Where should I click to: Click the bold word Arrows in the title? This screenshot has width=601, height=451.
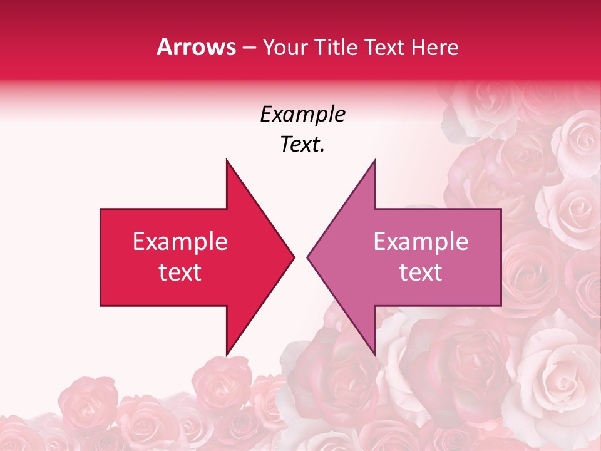pos(196,48)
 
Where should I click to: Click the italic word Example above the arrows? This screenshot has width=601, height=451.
pos(302,115)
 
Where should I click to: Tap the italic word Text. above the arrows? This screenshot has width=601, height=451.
pos(302,145)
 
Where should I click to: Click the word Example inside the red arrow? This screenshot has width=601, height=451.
pos(180,242)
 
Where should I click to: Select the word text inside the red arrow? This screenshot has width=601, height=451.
pos(180,272)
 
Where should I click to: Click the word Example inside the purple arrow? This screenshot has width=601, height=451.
pos(421,242)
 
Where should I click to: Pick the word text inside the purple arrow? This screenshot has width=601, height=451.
pos(421,272)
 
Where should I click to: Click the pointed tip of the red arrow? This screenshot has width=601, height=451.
pos(294,257)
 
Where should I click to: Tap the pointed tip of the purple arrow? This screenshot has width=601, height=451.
pos(307,257)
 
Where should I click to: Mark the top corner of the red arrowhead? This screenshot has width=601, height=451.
pos(227,160)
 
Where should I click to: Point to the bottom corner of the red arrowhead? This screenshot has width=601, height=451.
pos(227,355)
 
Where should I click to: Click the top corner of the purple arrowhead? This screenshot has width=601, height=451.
pos(374,160)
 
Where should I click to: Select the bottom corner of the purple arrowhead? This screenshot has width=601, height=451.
pos(374,355)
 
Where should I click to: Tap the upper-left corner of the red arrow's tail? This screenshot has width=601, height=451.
pos(101,209)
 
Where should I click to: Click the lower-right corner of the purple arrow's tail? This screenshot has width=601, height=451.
pos(501,306)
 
